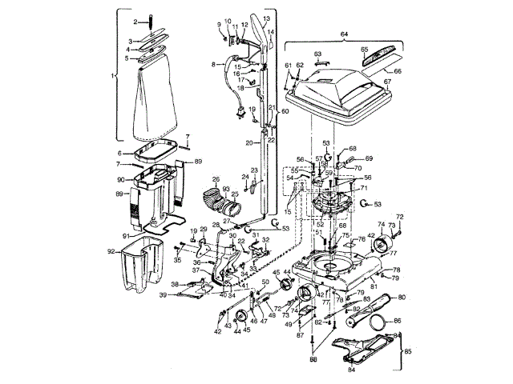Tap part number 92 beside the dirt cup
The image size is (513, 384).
(x=111, y=251)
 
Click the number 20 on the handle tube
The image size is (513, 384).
(x=249, y=142)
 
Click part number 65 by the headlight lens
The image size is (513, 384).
(x=365, y=49)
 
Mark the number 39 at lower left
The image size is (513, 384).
(x=163, y=295)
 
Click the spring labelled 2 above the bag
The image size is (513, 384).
(x=151, y=21)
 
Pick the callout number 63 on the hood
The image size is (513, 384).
(x=317, y=54)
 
